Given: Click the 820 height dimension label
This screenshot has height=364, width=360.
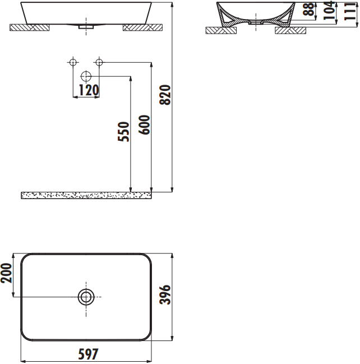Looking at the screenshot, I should point(165,96).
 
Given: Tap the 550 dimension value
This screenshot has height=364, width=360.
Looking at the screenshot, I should point(124,132).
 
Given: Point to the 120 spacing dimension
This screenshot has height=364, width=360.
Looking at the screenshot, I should point(88,90).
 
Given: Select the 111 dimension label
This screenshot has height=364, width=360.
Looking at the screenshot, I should point(351,12).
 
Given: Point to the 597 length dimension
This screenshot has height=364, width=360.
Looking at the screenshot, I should point(87,354).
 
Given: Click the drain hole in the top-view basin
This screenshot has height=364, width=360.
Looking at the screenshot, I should point(86,297).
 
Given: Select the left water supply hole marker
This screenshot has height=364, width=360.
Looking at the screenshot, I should point(72,62).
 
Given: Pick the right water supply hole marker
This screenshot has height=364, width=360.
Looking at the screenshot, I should point(99,62).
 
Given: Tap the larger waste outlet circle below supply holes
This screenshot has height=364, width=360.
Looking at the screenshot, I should point(86,76).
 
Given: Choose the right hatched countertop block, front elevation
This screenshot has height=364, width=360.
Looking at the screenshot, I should point(142,27).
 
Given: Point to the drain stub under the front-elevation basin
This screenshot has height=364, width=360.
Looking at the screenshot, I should point(86,26).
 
